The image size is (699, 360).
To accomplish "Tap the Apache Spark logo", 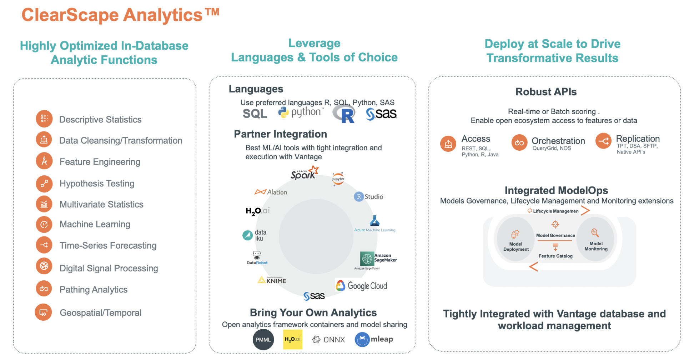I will coord(304,173).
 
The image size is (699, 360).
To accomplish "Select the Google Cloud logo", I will coord(361,285).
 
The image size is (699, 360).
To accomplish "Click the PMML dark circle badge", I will coord(263,340).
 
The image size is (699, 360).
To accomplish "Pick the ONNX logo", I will coord(328,340).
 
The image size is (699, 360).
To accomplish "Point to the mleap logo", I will coord(374,339).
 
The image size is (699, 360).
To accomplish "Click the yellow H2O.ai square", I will coord(292,339).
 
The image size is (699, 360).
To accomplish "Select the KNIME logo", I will coord(272,280).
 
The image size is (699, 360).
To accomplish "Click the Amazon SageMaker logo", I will coord(378,258).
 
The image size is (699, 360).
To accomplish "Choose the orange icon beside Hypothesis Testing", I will coord(44,184).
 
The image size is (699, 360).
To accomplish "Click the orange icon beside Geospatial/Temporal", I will coord(43,312).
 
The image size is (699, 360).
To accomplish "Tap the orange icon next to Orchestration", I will coord(519,142).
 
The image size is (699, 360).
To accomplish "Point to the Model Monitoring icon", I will coord(594,233).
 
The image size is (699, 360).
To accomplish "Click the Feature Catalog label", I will coord(555,256).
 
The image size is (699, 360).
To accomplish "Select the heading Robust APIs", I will coord(546,92).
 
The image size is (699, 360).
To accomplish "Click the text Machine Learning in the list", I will coord(95,224).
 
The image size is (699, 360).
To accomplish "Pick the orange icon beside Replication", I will coord(603,141).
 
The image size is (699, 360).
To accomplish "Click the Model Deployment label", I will coord(516,247).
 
